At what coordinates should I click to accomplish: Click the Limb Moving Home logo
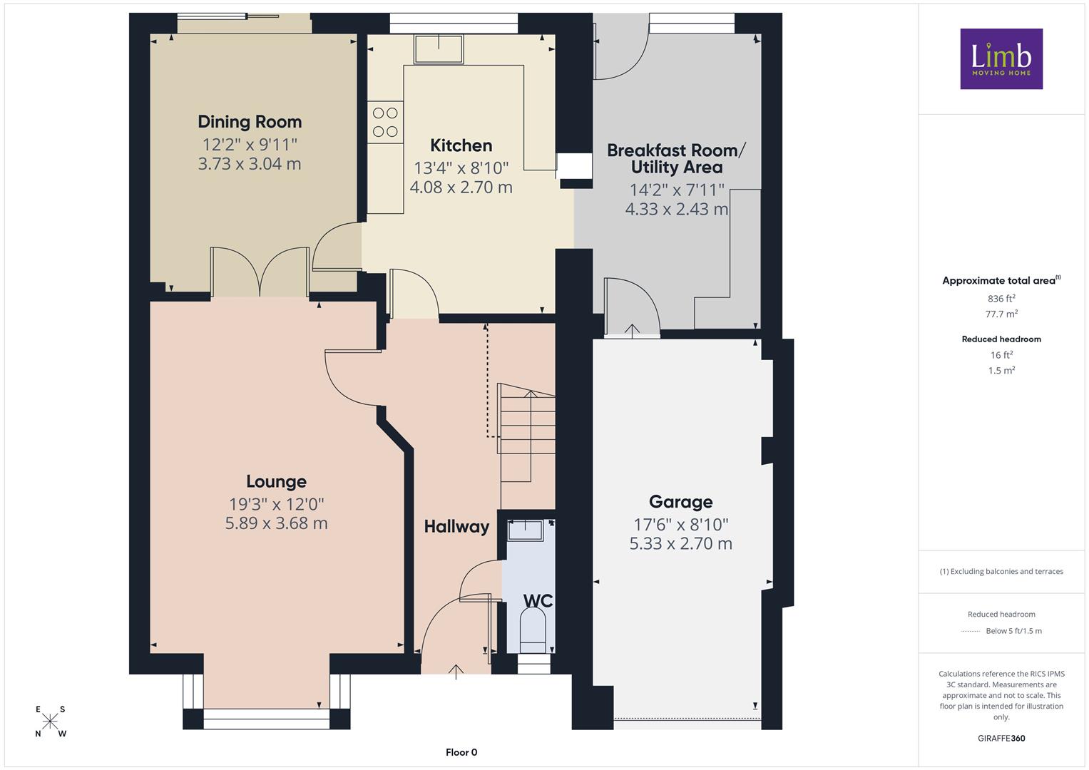(1001, 58)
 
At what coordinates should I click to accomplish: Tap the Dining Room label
(250, 121)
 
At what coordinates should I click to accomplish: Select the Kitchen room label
(461, 145)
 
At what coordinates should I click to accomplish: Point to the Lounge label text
(276, 482)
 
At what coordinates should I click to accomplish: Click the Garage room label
(680, 502)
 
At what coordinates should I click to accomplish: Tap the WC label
(538, 601)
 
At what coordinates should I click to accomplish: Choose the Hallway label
(456, 526)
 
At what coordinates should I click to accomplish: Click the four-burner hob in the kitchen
(385, 122)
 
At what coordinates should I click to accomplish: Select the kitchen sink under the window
(439, 49)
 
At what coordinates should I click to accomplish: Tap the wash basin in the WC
(525, 530)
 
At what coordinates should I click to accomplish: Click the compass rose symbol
(50, 722)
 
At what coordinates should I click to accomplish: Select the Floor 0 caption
(461, 752)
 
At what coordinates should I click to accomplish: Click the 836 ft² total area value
(1001, 299)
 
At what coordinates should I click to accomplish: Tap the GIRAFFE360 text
(1001, 738)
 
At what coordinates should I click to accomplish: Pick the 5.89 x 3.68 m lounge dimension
(276, 523)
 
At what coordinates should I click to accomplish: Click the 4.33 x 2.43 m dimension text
(676, 209)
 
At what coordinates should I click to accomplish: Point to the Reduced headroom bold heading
(1001, 339)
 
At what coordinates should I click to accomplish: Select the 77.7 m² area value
(1001, 314)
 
